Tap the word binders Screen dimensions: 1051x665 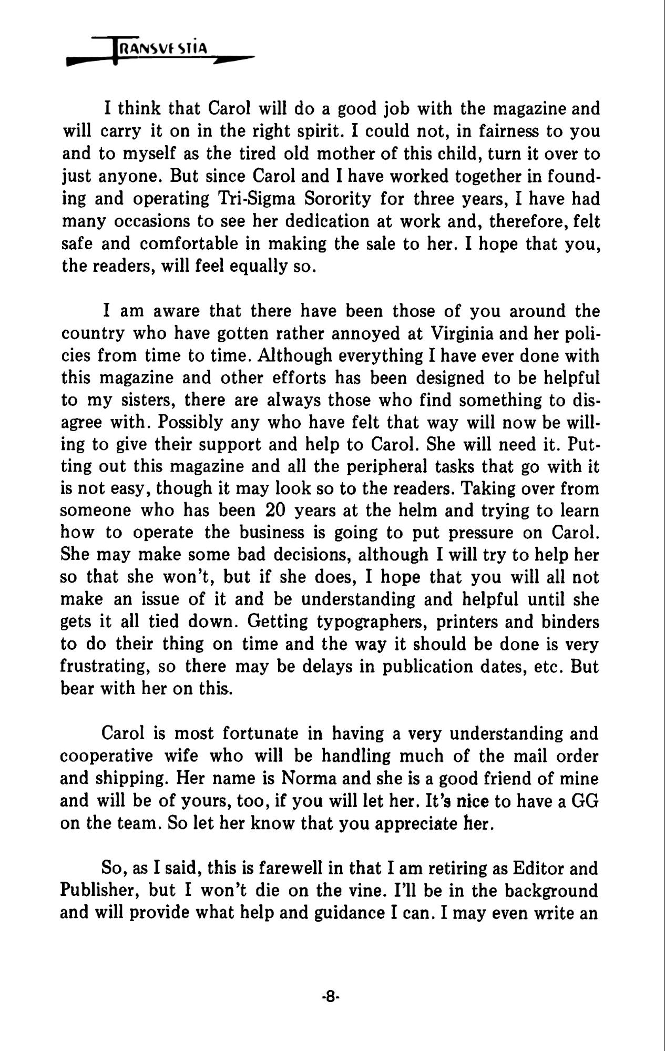[566, 622]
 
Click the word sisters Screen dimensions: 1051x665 [142, 400]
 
